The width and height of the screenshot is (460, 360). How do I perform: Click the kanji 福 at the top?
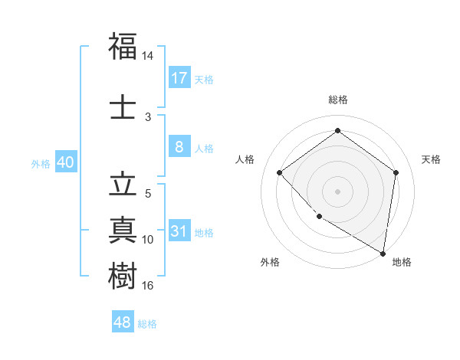pos(123,47)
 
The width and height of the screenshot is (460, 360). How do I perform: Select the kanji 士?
pos(123,106)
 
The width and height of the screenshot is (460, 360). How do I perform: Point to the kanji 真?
pos(123,230)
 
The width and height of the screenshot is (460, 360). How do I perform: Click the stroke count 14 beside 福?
pos(148,56)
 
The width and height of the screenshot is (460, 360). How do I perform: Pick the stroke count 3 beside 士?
pos(148,116)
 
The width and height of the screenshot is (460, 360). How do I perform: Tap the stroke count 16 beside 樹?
pos(148,286)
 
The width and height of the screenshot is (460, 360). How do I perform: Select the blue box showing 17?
pos(179,78)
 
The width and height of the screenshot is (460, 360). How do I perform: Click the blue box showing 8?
pos(179,147)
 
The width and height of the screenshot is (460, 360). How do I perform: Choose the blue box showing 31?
pos(179,231)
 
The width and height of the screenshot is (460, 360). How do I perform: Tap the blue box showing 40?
pos(65,162)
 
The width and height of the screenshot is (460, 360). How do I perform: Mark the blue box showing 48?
pos(123,322)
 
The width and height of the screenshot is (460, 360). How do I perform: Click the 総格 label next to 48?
pos(147,324)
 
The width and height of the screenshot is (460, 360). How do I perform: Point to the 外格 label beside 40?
pos(41,164)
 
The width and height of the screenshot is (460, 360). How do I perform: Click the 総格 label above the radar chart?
pos(338,100)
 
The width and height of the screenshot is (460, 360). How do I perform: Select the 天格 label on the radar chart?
pos(431,159)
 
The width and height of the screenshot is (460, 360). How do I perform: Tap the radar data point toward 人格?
pos(280,173)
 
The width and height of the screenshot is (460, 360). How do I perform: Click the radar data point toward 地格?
pos(382,252)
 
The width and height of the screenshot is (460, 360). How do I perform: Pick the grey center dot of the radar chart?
pos(337,191)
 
